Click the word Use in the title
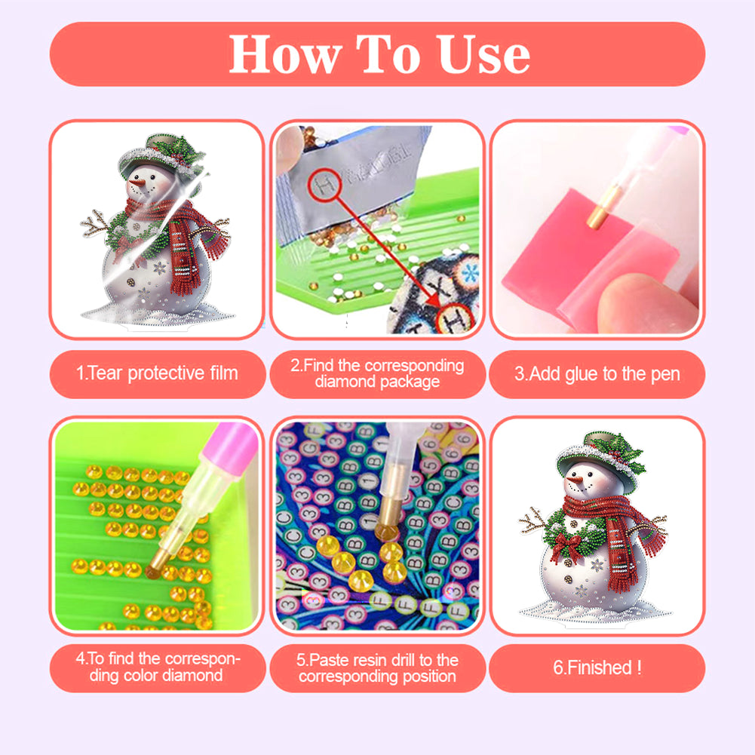click(x=484, y=54)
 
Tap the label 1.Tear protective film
click(x=157, y=373)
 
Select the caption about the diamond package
click(x=377, y=373)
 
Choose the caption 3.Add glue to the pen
click(x=597, y=373)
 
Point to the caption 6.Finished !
click(x=597, y=668)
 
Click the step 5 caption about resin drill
click(x=377, y=668)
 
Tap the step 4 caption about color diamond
click(x=157, y=667)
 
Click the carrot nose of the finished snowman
click(x=576, y=480)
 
